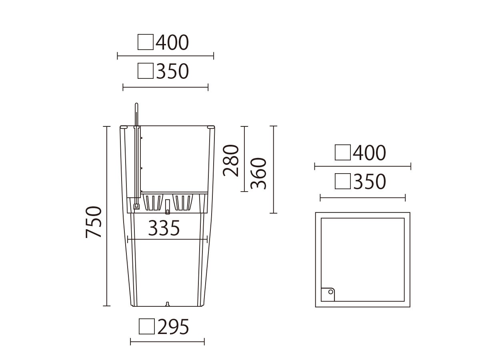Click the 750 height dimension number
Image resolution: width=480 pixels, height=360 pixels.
coord(93,222)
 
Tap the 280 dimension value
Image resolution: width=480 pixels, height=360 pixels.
coord(231,160)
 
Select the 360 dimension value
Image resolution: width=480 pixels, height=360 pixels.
coord(258,173)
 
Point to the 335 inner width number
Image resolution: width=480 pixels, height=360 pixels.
coord(164,228)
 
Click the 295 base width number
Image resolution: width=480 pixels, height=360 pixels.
coord(173,327)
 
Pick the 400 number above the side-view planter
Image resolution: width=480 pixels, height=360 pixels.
coord(172,42)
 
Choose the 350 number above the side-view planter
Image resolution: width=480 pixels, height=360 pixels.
coord(172,71)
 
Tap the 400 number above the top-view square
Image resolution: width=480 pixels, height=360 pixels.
coord(369,153)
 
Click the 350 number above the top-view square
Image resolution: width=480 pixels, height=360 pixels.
coord(370,182)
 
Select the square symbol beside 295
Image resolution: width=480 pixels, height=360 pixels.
coord(147,326)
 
